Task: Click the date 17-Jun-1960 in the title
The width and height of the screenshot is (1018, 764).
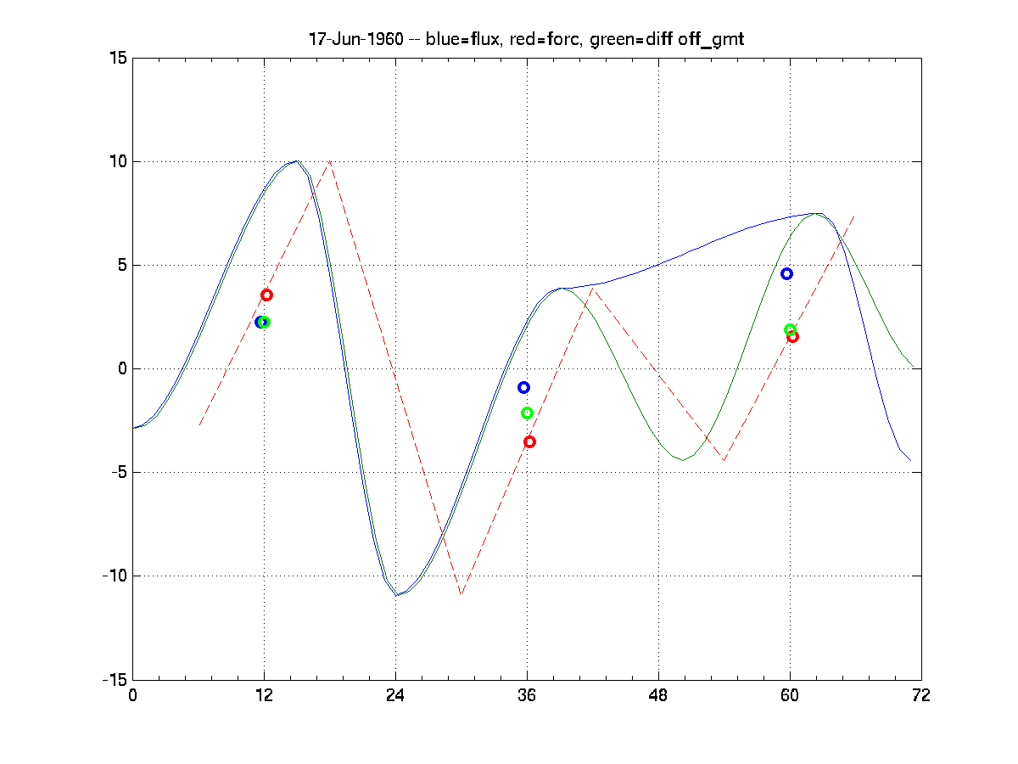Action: click(345, 40)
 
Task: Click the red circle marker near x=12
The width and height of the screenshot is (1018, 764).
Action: click(266, 295)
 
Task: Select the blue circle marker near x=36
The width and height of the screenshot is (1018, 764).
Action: click(523, 387)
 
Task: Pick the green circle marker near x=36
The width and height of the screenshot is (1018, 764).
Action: click(527, 413)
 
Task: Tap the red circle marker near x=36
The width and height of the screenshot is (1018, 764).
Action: click(529, 441)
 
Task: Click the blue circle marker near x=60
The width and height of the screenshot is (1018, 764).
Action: click(786, 273)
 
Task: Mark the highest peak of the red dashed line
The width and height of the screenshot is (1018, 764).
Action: click(330, 161)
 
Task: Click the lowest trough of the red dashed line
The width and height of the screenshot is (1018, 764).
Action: click(461, 593)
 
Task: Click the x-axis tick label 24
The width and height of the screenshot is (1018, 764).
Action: click(395, 695)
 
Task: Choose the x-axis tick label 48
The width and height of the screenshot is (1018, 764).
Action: click(658, 695)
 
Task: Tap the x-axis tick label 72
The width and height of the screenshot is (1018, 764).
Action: click(921, 695)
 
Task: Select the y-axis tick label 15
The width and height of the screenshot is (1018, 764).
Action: click(117, 58)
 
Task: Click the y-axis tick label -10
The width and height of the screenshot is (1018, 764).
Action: click(112, 576)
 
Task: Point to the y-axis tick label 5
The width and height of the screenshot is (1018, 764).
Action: click(121, 265)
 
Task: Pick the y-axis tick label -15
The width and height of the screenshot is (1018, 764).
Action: click(112, 680)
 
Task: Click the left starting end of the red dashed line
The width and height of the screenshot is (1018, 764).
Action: click(199, 424)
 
